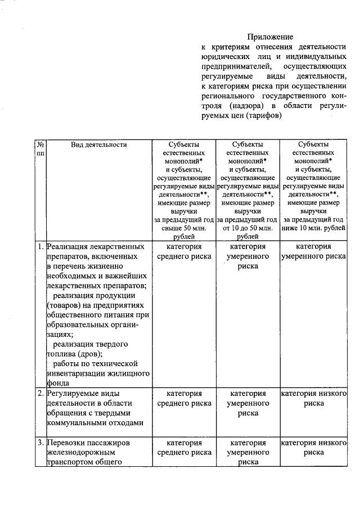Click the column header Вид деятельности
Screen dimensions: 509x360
click(99, 145)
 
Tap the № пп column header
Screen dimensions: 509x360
click(40, 148)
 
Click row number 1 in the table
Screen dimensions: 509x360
click(40, 246)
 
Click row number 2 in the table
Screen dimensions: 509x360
click(40, 393)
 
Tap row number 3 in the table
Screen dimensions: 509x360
click(40, 443)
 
